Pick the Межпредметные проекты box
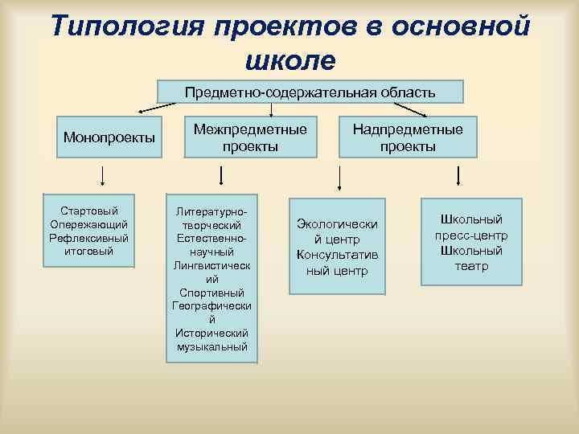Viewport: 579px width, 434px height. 250,137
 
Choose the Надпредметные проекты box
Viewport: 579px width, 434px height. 408,137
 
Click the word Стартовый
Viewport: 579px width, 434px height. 88,211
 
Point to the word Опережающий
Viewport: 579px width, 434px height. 88,224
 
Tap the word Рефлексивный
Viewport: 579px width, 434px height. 88,238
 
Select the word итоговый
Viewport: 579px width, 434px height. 88,252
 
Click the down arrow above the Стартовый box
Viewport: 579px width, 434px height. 102,175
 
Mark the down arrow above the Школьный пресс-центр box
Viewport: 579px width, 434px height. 458,176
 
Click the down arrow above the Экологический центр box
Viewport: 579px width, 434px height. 338,176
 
